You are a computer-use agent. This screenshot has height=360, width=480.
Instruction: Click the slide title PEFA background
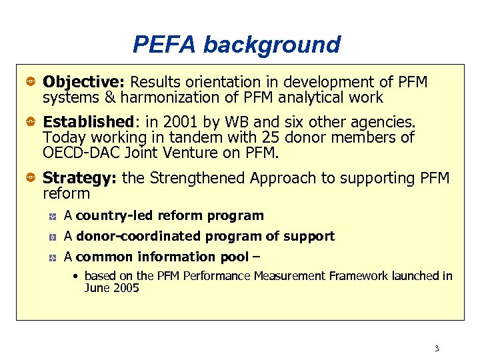click(237, 45)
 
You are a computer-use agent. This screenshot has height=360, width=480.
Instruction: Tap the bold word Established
click(88, 122)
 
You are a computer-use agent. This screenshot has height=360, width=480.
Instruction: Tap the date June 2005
click(111, 288)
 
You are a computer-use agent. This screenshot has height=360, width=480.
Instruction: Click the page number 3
click(437, 349)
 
